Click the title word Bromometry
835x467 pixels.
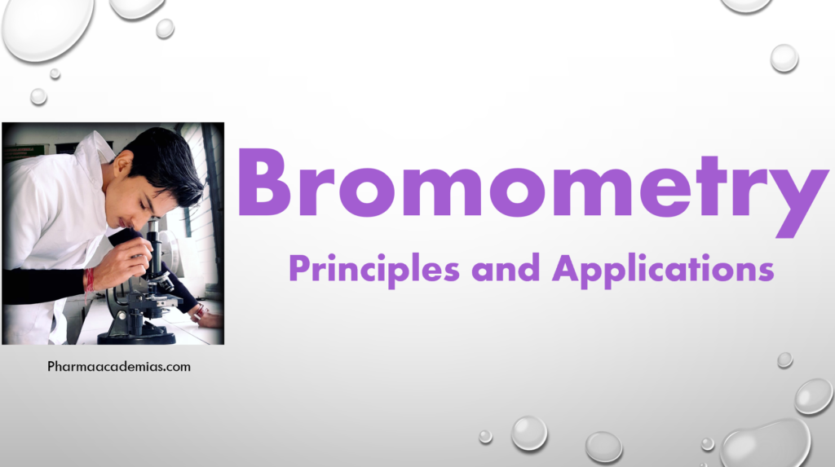tap(530, 186)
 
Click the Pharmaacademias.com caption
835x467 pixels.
tap(119, 367)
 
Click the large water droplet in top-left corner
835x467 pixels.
tap(47, 29)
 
